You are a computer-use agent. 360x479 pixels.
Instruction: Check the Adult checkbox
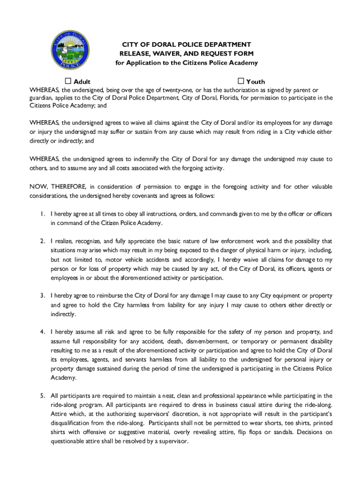[68, 81]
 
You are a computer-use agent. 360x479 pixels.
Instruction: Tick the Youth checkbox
[241, 81]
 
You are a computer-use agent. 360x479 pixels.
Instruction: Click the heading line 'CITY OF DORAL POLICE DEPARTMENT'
[187, 44]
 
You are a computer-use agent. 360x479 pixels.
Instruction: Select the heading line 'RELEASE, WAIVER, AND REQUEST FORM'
[187, 53]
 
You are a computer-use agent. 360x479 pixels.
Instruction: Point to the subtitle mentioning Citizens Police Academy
[187, 63]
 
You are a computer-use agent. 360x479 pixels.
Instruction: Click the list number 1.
[42, 214]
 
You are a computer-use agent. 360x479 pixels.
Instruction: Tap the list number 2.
[42, 241]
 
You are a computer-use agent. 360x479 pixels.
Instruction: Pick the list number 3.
[42, 296]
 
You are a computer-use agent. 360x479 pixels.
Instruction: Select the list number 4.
[42, 332]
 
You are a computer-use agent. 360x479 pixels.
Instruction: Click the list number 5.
[42, 396]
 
